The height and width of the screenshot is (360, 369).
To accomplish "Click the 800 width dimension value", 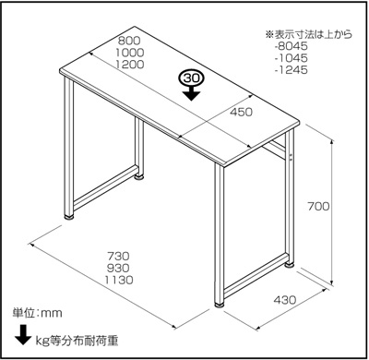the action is [x=130, y=42].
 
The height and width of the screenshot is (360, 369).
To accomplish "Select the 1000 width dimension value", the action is [x=130, y=54].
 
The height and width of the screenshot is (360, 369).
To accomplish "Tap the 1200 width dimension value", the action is [x=130, y=66].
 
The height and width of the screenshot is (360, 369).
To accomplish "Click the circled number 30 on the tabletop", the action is [x=191, y=80].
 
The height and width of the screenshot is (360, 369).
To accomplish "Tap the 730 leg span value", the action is [x=119, y=255].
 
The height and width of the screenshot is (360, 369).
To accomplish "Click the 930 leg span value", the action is [x=119, y=267].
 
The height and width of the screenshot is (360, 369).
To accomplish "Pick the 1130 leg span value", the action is [x=119, y=280].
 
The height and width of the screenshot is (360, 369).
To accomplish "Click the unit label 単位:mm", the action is [x=36, y=313].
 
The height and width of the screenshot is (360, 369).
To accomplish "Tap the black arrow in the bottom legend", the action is [x=22, y=337].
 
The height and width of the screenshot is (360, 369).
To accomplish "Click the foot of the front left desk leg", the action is [x=70, y=219].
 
